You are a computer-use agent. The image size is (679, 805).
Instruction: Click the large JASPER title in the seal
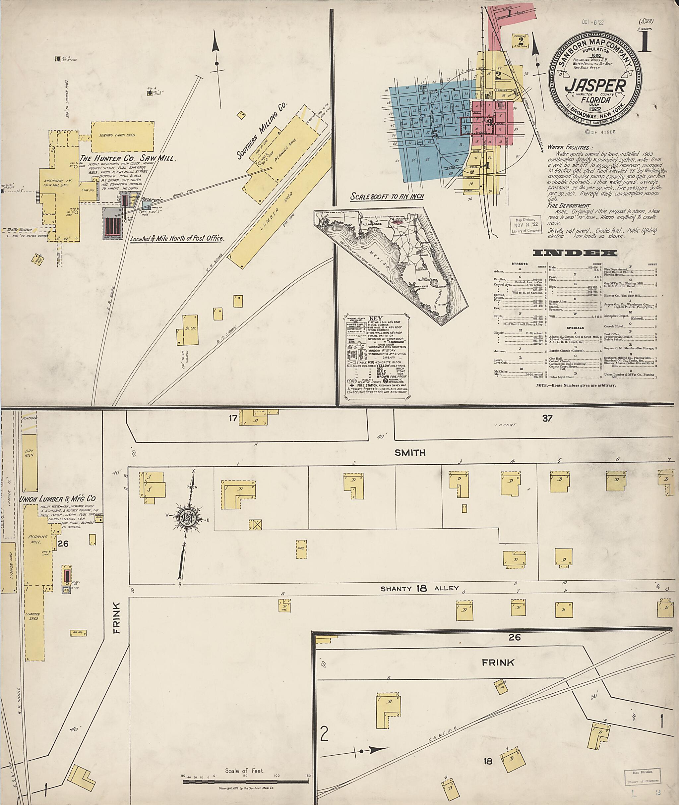tap(595, 86)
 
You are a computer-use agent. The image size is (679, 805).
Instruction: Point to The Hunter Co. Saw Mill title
tap(127, 158)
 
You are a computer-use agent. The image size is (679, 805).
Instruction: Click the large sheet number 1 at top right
tap(644, 42)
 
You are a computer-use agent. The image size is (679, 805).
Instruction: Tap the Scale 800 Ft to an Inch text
tap(387, 196)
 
